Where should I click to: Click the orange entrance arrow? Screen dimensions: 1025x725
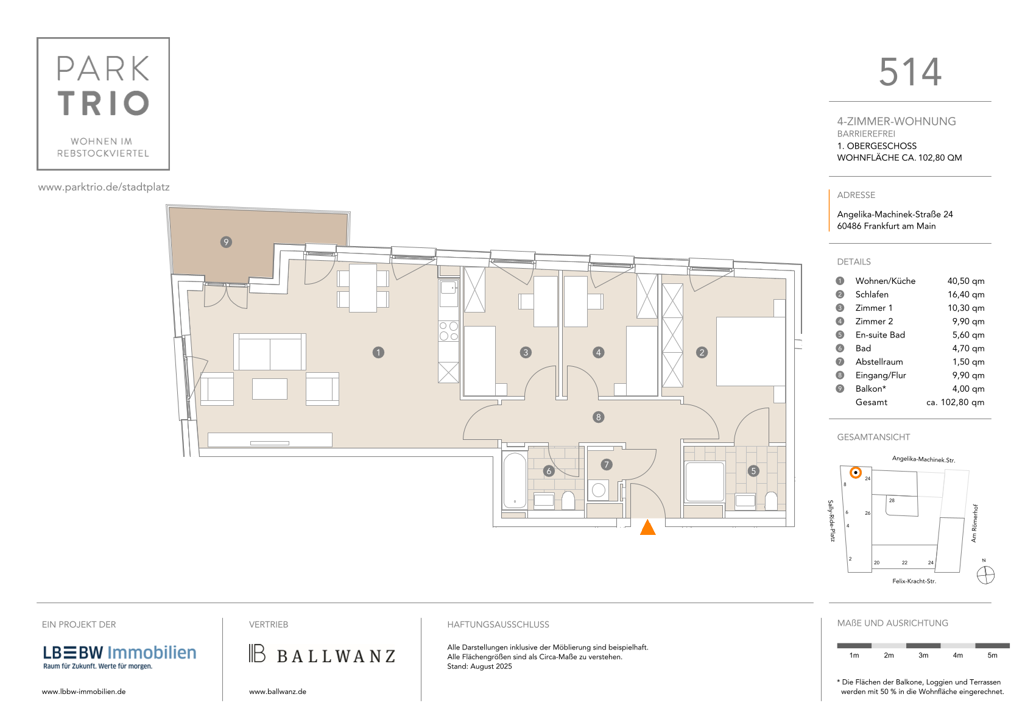pyautogui.click(x=647, y=527)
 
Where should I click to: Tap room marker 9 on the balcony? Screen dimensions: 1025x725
pyautogui.click(x=225, y=242)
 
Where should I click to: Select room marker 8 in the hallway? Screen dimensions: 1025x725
pyautogui.click(x=598, y=417)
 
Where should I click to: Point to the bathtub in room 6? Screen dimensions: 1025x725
pyautogui.click(x=515, y=481)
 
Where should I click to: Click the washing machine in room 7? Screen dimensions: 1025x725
pyautogui.click(x=599, y=490)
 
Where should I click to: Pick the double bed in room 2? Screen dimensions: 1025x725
pyautogui.click(x=750, y=351)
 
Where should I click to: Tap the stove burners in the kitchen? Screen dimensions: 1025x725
pyautogui.click(x=448, y=331)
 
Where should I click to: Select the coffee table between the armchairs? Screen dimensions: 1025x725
pyautogui.click(x=270, y=389)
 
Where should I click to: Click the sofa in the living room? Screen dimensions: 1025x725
pyautogui.click(x=270, y=352)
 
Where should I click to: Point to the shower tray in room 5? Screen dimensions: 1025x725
pyautogui.click(x=705, y=482)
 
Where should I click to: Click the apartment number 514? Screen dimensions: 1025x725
pyautogui.click(x=910, y=72)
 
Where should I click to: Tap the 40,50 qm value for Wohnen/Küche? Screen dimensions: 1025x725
pyautogui.click(x=965, y=281)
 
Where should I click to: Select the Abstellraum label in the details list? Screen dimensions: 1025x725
pyautogui.click(x=879, y=361)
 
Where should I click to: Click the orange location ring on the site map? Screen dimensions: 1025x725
pyautogui.click(x=855, y=472)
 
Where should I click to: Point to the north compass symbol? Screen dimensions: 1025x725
pyautogui.click(x=985, y=575)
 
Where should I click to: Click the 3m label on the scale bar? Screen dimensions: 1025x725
pyautogui.click(x=923, y=655)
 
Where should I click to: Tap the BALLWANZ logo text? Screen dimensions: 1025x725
pyautogui.click(x=336, y=656)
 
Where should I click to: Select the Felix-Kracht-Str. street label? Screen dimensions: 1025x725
pyautogui.click(x=914, y=581)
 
